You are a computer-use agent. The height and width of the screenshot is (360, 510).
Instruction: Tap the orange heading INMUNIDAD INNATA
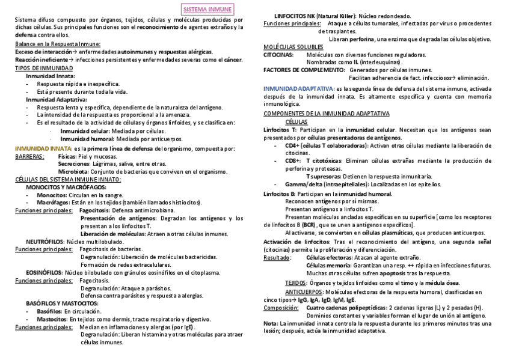coord(43,148)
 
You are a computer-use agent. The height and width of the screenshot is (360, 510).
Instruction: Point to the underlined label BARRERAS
coord(29,156)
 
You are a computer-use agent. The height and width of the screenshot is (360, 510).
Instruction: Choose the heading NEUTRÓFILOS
coord(45,242)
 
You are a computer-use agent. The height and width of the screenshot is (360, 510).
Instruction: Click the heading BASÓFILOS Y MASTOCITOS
coord(61,304)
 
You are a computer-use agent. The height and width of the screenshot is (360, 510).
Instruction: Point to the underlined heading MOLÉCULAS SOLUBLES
coord(293,47)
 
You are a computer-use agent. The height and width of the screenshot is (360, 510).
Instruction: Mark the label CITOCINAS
coord(278,55)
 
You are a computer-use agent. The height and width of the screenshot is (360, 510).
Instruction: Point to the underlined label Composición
coord(281,308)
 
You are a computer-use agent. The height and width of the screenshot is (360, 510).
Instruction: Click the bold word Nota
coord(270,323)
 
